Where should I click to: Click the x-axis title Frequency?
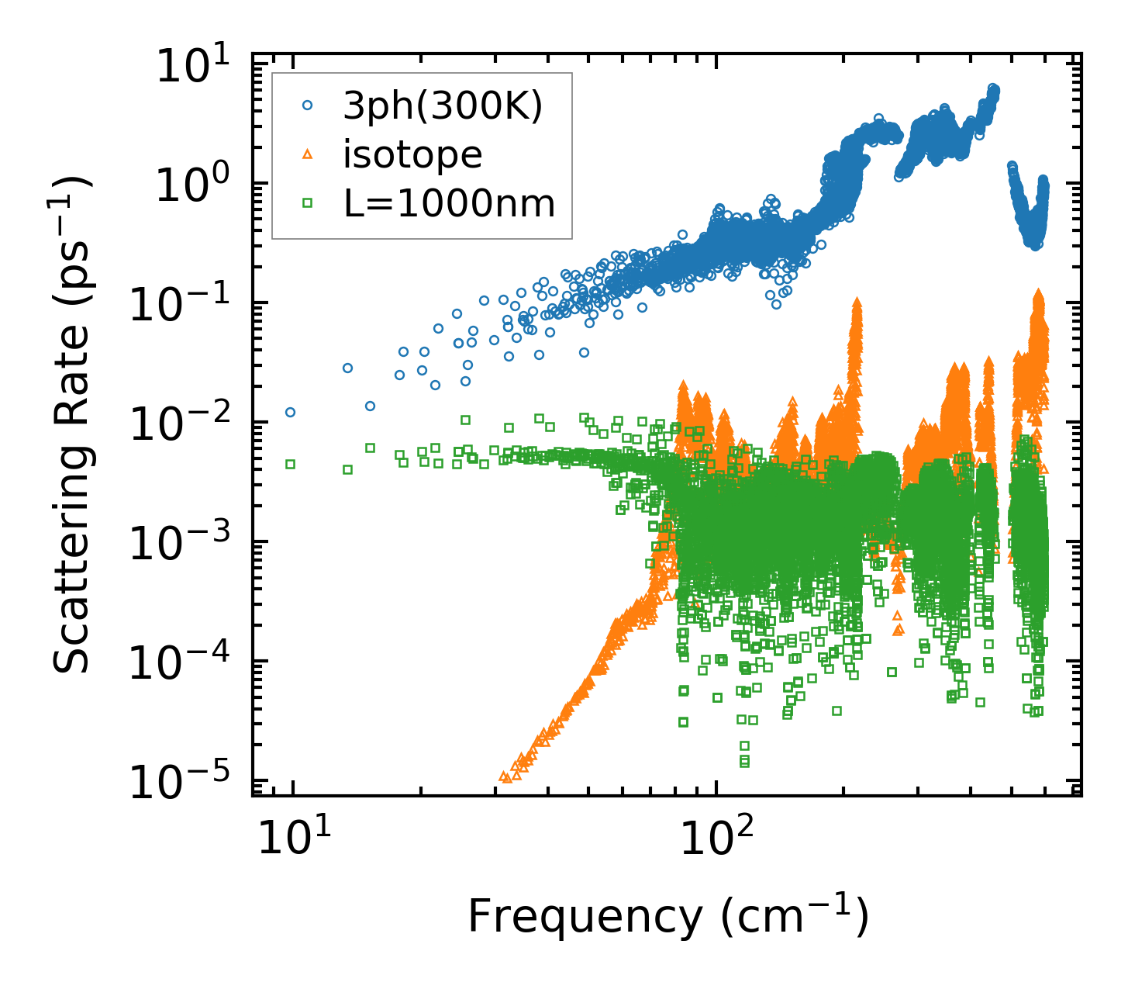667,917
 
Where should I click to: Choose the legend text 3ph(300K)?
443,108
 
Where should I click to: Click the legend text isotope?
412,155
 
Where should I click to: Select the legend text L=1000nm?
449,203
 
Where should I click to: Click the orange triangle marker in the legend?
307,155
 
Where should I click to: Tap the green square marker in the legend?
307,203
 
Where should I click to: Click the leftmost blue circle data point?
290,412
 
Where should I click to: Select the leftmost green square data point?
290,464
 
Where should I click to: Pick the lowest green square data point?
744,763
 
